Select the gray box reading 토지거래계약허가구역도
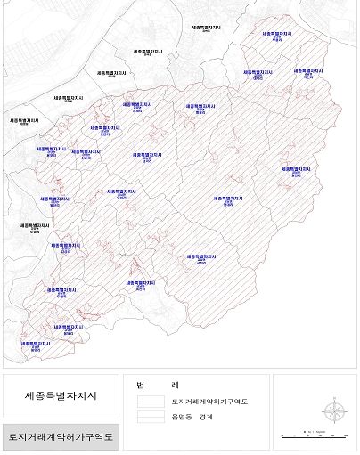click(61, 436)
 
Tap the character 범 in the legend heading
click(141, 385)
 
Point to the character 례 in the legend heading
click(176, 385)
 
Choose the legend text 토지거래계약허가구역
click(209, 402)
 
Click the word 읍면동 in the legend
click(182, 416)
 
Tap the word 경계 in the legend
click(208, 416)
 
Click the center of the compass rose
click(333, 412)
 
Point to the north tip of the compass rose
click(333, 400)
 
